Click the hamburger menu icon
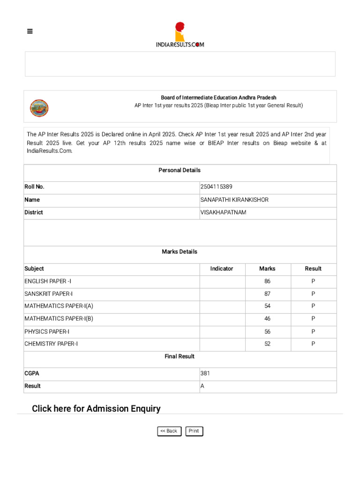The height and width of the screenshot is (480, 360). tap(30, 31)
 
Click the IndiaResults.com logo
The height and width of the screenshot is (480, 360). tap(180, 35)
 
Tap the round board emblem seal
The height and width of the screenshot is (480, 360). tap(39, 108)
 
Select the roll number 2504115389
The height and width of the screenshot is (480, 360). tap(216, 187)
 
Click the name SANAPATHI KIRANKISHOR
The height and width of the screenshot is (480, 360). tap(234, 200)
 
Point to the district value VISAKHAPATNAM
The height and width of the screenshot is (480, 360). tap(223, 212)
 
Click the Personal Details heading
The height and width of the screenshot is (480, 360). tap(180, 170)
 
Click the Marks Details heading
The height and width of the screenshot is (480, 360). tap(180, 252)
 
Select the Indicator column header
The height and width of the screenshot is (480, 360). tap(222, 269)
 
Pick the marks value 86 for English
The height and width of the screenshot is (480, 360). tap(267, 281)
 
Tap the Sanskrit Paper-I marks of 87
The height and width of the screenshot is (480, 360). tap(267, 294)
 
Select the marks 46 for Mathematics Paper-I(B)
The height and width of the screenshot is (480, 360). tap(267, 319)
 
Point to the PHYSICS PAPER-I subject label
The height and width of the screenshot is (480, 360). tap(47, 331)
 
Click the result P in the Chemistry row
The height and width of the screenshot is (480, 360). tap(313, 344)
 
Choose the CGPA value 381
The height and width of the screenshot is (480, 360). tap(205, 374)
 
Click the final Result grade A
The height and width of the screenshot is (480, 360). tap(202, 386)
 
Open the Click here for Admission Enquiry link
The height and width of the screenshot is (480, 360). tap(96, 409)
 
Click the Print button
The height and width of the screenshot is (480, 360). tap(194, 431)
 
